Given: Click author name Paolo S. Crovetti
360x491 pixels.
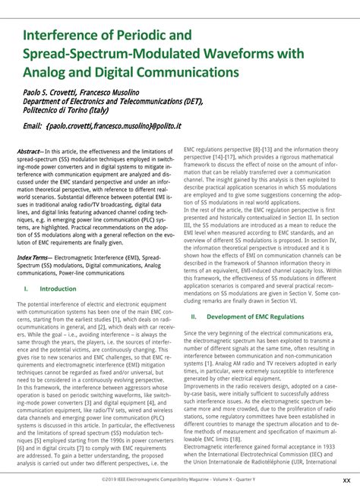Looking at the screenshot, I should pyautogui.click(x=52, y=91).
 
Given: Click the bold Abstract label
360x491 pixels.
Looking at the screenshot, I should pyautogui.click(x=29, y=152).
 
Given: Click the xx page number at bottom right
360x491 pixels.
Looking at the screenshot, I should pyautogui.click(x=346, y=480).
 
